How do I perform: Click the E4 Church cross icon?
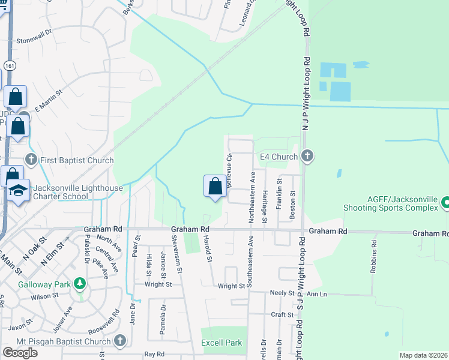307,157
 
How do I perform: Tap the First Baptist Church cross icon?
32,160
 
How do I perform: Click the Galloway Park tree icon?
79,283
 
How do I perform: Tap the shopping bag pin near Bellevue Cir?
215,187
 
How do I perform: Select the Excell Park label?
221,343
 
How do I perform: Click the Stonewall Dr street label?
39,38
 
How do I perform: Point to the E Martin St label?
49,100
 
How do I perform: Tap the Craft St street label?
282,314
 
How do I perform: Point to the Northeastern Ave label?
253,197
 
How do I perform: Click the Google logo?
20,352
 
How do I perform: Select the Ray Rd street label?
154,354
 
